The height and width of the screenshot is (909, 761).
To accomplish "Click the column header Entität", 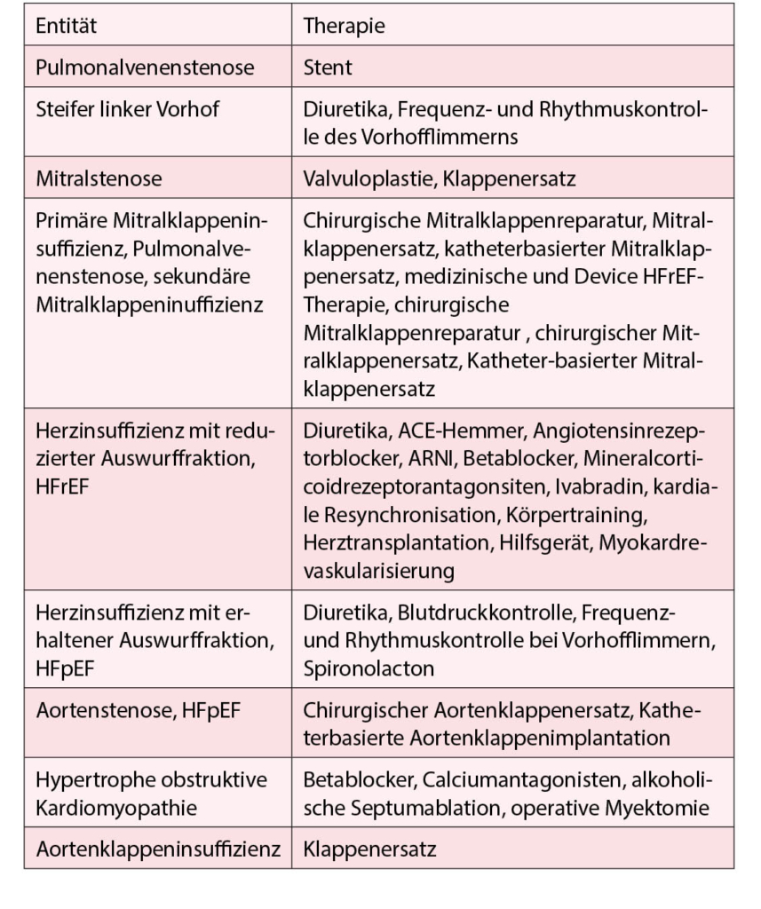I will (67, 26).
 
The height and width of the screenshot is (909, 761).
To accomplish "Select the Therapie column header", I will (345, 26).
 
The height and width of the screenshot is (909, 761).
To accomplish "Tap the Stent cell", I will (328, 67).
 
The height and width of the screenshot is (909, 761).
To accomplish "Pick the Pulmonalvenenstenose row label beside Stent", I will (145, 67).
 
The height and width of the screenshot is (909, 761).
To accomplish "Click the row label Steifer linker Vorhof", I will (127, 109).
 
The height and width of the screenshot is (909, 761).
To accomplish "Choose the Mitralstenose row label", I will (99, 178).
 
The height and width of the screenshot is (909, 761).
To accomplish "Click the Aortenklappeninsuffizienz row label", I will (158, 850).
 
